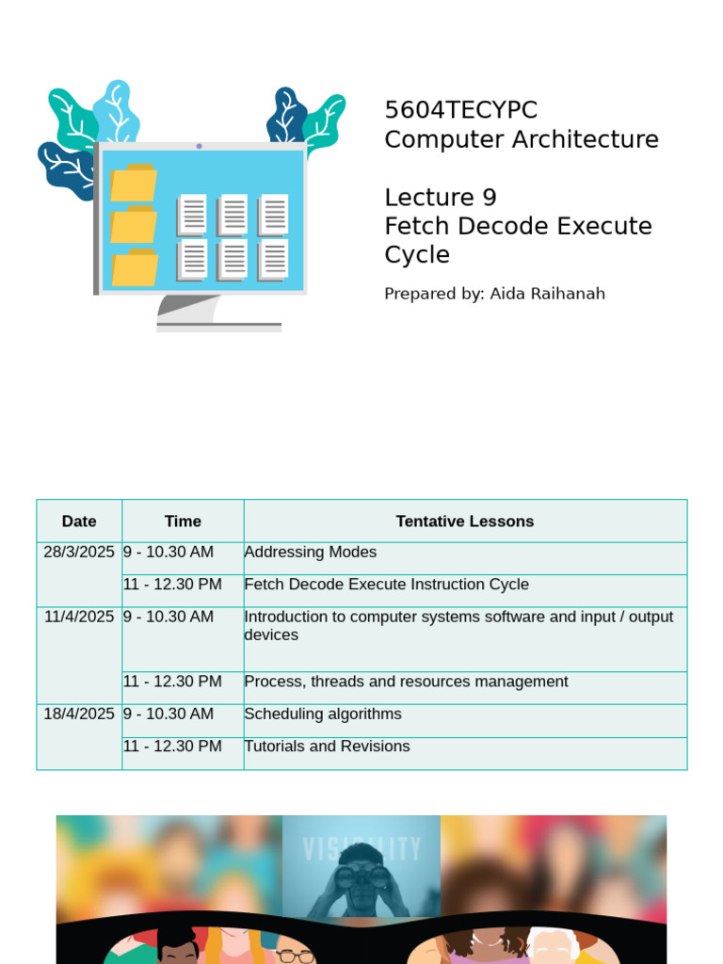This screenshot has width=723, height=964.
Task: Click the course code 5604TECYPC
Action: [460, 110]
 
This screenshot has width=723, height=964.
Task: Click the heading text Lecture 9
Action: [440, 198]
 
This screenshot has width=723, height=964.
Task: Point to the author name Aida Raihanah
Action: [547, 294]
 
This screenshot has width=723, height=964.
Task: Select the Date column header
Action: [79, 522]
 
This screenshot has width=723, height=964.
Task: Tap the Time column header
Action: [183, 522]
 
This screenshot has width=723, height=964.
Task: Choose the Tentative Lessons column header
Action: [465, 522]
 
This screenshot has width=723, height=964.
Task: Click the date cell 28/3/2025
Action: [79, 553]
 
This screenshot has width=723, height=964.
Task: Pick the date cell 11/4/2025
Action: [79, 618]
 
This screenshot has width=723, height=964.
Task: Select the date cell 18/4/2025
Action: [79, 715]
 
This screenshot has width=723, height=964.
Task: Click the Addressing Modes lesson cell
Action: [311, 553]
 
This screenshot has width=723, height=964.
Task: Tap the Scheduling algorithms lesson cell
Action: [323, 715]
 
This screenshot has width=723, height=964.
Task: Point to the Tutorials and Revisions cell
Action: [327, 747]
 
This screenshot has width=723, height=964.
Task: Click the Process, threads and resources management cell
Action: [406, 682]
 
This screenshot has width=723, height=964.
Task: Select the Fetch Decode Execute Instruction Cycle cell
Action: [386, 585]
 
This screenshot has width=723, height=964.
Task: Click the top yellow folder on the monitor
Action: [133, 184]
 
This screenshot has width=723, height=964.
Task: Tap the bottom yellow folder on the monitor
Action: [134, 268]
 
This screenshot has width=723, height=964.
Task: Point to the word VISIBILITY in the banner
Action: [361, 849]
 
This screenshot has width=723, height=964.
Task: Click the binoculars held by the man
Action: [361, 877]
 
